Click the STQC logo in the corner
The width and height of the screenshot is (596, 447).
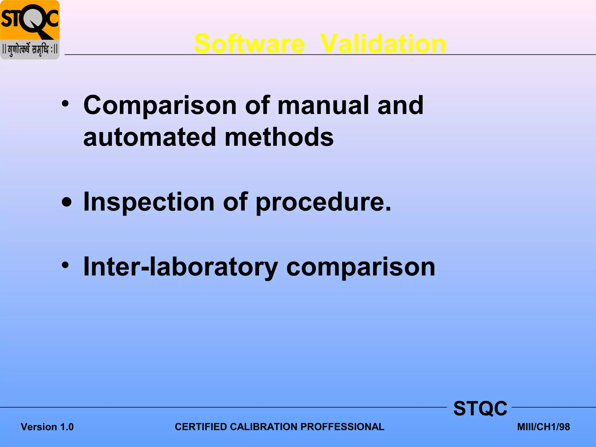click(x=30, y=30)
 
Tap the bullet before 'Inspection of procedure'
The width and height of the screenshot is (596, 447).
click(x=67, y=203)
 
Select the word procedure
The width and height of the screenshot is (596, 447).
click(x=323, y=203)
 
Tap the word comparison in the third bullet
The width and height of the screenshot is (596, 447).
click(x=361, y=267)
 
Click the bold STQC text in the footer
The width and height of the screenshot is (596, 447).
click(x=480, y=408)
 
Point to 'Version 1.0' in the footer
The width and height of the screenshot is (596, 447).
click(x=47, y=427)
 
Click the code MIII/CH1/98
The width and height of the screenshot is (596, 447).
click(x=543, y=427)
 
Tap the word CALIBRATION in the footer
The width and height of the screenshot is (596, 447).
click(x=264, y=427)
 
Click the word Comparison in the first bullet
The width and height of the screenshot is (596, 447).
click(x=160, y=106)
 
